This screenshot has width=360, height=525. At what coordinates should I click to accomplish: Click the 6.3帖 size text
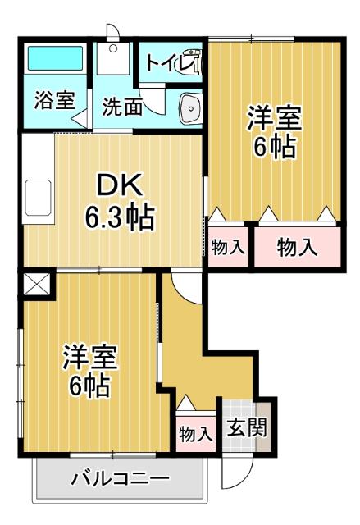(x=120, y=217)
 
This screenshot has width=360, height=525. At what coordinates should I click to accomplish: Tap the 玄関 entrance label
(x=246, y=428)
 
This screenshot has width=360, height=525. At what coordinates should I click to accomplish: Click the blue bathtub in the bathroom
(x=56, y=59)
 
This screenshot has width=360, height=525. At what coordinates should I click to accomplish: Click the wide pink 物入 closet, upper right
(x=297, y=249)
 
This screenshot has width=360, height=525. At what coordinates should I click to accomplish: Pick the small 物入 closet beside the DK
(x=228, y=248)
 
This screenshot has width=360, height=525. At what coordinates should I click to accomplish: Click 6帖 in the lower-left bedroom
(x=90, y=386)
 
